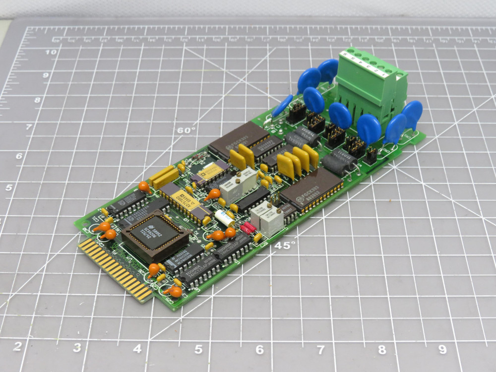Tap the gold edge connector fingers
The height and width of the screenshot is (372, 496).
116,268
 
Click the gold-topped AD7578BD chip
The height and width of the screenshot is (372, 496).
191,204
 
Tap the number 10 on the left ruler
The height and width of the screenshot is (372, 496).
51,52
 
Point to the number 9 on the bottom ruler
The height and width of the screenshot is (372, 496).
442,349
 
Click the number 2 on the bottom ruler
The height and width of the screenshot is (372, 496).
17,346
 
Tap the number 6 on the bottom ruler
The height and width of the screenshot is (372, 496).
259,349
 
